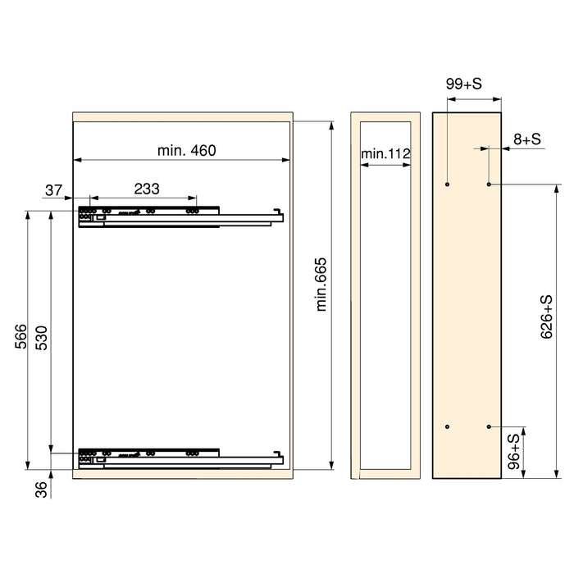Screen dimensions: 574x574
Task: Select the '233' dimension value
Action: click(x=146, y=189)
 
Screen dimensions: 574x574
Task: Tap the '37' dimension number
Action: click(x=54, y=190)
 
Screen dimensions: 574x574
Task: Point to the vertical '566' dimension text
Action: click(x=21, y=337)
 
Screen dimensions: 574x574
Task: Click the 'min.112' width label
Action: click(x=385, y=153)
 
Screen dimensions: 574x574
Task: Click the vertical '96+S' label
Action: click(x=514, y=452)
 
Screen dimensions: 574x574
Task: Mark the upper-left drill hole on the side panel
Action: click(x=447, y=184)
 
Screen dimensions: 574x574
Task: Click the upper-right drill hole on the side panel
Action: click(x=489, y=184)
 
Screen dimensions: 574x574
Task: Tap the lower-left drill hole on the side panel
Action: click(x=447, y=427)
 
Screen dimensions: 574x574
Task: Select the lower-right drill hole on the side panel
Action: click(x=489, y=427)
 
